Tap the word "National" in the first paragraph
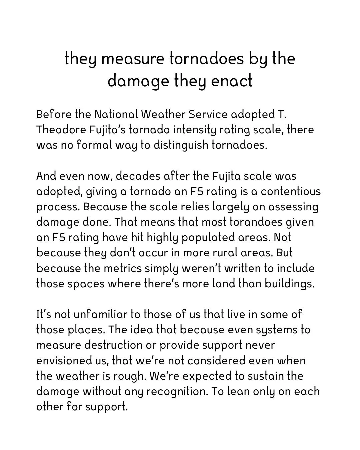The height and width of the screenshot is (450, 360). (116, 114)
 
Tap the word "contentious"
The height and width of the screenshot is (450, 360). (291, 191)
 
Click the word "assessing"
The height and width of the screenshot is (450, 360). (293, 207)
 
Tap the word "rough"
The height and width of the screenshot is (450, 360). (129, 376)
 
